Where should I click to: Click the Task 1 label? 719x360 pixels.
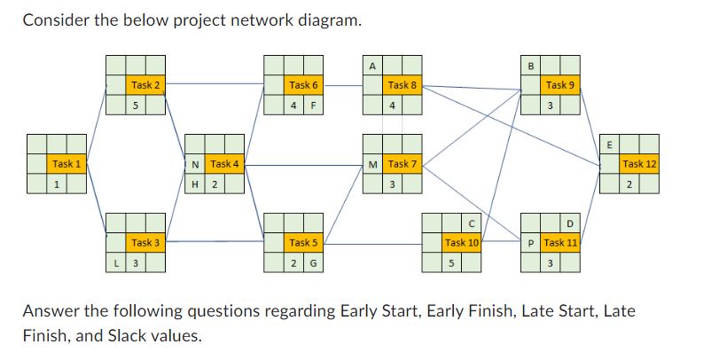coord(66,164)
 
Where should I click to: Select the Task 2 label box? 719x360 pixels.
coord(145,85)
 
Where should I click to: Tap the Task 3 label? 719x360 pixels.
coord(145,242)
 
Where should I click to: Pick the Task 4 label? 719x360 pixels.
coord(224,164)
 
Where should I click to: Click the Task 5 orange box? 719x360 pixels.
coord(303,242)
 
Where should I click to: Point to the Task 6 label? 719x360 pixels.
coord(303,85)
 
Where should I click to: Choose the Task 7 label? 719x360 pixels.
coord(402,164)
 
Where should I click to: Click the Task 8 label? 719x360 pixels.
coord(402,85)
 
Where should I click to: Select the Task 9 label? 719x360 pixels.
coord(560,85)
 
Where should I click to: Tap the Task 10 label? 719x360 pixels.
coord(462,242)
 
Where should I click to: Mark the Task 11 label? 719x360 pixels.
coord(560,242)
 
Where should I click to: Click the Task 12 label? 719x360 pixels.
coord(639,164)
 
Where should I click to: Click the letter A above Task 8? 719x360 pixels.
coord(373,65)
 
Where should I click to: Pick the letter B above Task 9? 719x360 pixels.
coord(531,65)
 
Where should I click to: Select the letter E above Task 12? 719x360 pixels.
coord(609,144)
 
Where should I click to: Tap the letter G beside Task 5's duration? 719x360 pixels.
coord(313,263)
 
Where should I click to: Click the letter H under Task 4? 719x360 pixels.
coord(195,184)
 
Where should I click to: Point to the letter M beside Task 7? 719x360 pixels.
coord(373,164)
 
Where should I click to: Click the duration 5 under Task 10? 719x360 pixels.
coord(452,263)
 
